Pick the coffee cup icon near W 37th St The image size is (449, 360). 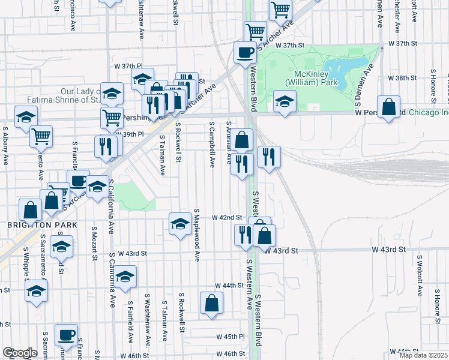pyautogui.click(x=245, y=52)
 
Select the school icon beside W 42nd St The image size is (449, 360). pyautogui.click(x=179, y=223)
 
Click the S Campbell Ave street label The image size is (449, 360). pyautogui.click(x=212, y=145)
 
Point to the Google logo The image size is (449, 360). pyautogui.click(x=20, y=353)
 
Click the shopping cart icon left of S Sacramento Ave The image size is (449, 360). pyautogui.click(x=41, y=136)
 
